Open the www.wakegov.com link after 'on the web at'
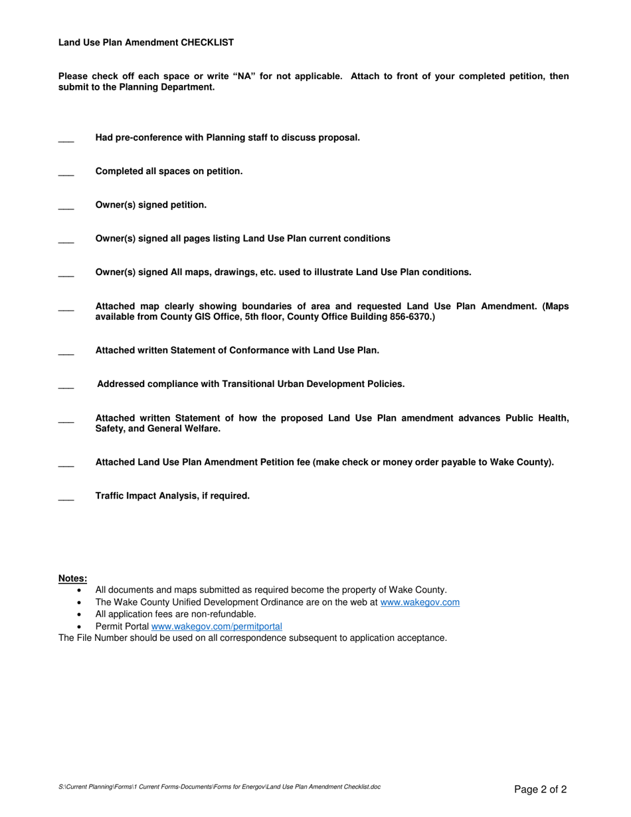pos(420,602)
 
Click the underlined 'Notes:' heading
pos(72,578)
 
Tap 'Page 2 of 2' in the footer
pos(541,790)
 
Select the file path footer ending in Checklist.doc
pos(220,787)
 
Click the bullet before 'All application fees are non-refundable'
pos(80,614)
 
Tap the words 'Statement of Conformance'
pos(234,350)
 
